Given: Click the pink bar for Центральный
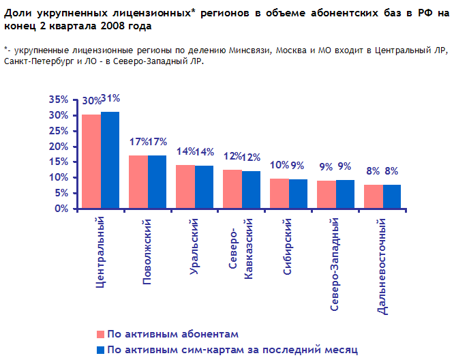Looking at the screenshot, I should click(x=91, y=162).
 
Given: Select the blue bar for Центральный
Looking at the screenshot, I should click(x=110, y=160).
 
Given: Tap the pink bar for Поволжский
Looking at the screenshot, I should click(x=138, y=182).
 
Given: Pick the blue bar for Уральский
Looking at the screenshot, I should click(x=204, y=187).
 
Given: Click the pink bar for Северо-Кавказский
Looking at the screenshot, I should click(x=232, y=189).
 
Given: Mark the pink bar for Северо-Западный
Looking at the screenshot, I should click(x=327, y=194).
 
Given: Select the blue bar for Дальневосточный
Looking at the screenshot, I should click(x=392, y=196).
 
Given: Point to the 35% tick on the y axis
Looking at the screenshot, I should click(x=59, y=100).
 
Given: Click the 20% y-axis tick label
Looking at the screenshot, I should click(x=59, y=146).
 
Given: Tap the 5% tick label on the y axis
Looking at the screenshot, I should click(x=61, y=193).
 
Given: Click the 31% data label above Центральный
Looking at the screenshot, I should click(x=110, y=99).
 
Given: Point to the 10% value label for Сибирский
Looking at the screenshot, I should click(x=279, y=165).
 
